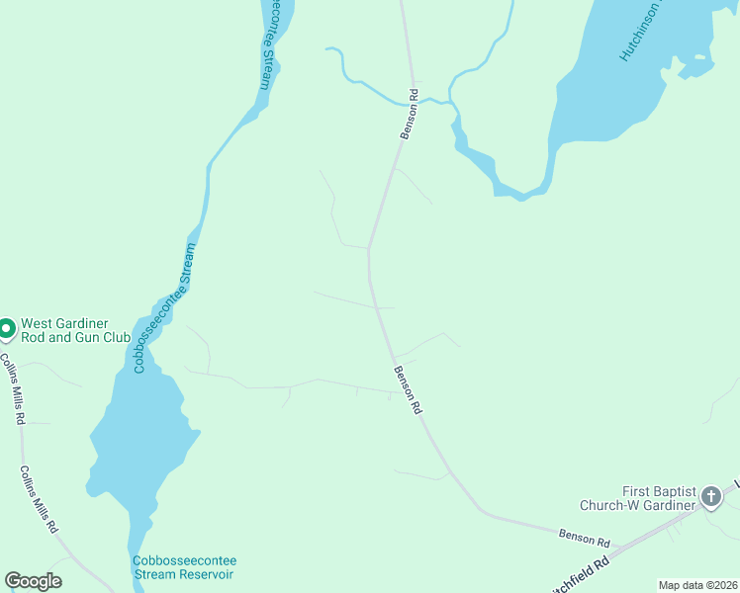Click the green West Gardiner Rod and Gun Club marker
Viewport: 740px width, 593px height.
click(6, 328)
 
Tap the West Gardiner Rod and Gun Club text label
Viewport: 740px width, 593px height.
click(75, 330)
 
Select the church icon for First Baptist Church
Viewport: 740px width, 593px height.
click(711, 498)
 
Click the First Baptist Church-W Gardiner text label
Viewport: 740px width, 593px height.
click(660, 498)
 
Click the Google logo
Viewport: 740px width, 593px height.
click(34, 581)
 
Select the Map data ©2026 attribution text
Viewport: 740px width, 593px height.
click(697, 585)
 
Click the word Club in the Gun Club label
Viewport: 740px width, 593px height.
click(113, 337)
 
